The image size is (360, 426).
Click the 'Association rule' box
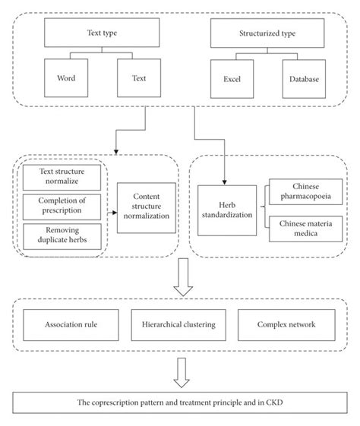pyautogui.click(x=70, y=324)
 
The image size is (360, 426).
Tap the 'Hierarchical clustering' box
pyautogui.click(x=178, y=324)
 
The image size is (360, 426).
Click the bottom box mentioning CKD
pyautogui.click(x=179, y=399)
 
